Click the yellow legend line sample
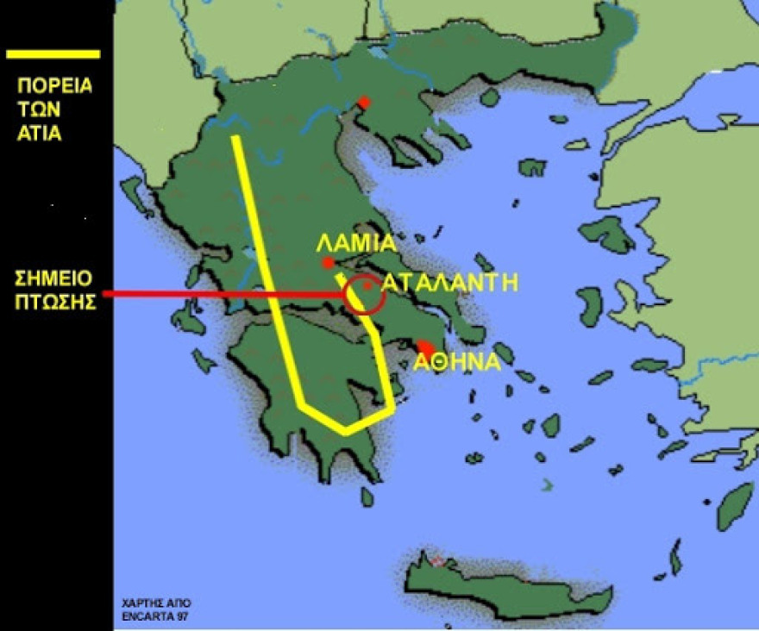pyautogui.click(x=53, y=54)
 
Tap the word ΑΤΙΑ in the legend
pyautogui.click(x=40, y=134)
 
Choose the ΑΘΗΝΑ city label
pyautogui.click(x=457, y=363)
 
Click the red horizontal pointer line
pyautogui.click(x=224, y=295)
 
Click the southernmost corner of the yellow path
pyautogui.click(x=345, y=429)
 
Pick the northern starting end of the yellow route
pyautogui.click(x=235, y=138)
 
